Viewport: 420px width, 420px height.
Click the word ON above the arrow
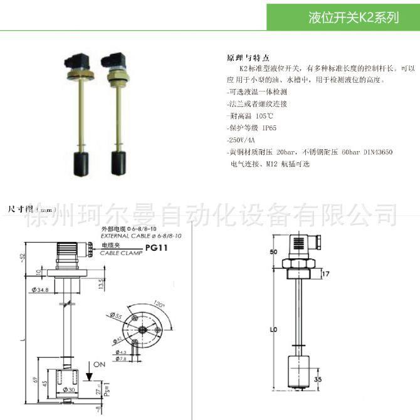click(100, 364)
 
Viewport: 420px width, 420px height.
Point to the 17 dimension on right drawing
click(325, 273)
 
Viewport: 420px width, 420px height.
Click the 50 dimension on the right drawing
click(274, 251)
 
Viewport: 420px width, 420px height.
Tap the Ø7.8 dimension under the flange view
click(121, 359)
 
